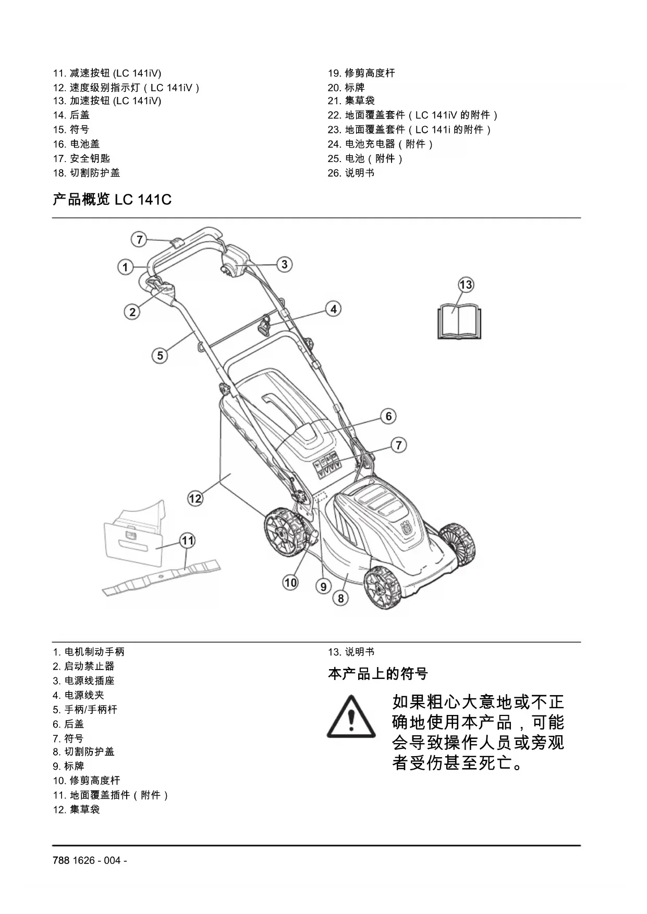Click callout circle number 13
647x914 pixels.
pos(466,285)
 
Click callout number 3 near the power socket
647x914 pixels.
pos(284,264)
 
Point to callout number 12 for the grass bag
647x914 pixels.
pos(195,498)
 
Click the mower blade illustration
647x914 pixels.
pos(162,577)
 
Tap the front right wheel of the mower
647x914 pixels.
pos(383,589)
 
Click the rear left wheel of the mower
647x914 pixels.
pos(284,533)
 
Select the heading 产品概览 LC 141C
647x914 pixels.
pos(112,200)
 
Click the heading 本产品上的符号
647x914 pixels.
pos(377,674)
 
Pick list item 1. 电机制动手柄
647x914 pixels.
pos(89,652)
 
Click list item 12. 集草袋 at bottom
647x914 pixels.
pos(76,809)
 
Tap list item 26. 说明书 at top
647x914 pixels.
pos(351,173)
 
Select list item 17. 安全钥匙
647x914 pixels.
pos(81,158)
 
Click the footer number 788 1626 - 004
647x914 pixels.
pos(90,860)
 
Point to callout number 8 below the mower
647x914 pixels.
pos(341,598)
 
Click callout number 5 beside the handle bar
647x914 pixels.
pos(160,355)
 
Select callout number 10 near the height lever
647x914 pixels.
pos(290,582)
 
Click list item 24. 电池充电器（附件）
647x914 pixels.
pos(381,144)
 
